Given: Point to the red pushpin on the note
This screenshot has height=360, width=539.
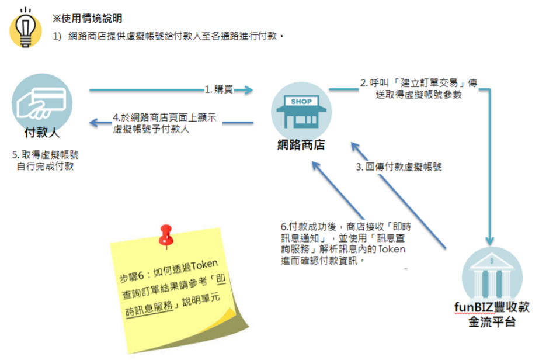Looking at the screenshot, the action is tap(168, 234).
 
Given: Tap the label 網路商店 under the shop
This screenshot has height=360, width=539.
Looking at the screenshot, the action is tap(301, 145).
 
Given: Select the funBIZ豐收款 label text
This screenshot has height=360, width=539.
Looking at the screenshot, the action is tap(492, 307).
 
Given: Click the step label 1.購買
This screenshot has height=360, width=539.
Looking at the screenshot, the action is tap(218, 89).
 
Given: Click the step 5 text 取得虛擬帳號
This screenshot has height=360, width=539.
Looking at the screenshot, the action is tap(46, 155).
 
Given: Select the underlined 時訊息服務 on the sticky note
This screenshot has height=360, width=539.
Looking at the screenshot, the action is tap(150, 307).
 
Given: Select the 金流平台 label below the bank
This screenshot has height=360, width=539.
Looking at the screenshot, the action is tap(491, 321).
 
